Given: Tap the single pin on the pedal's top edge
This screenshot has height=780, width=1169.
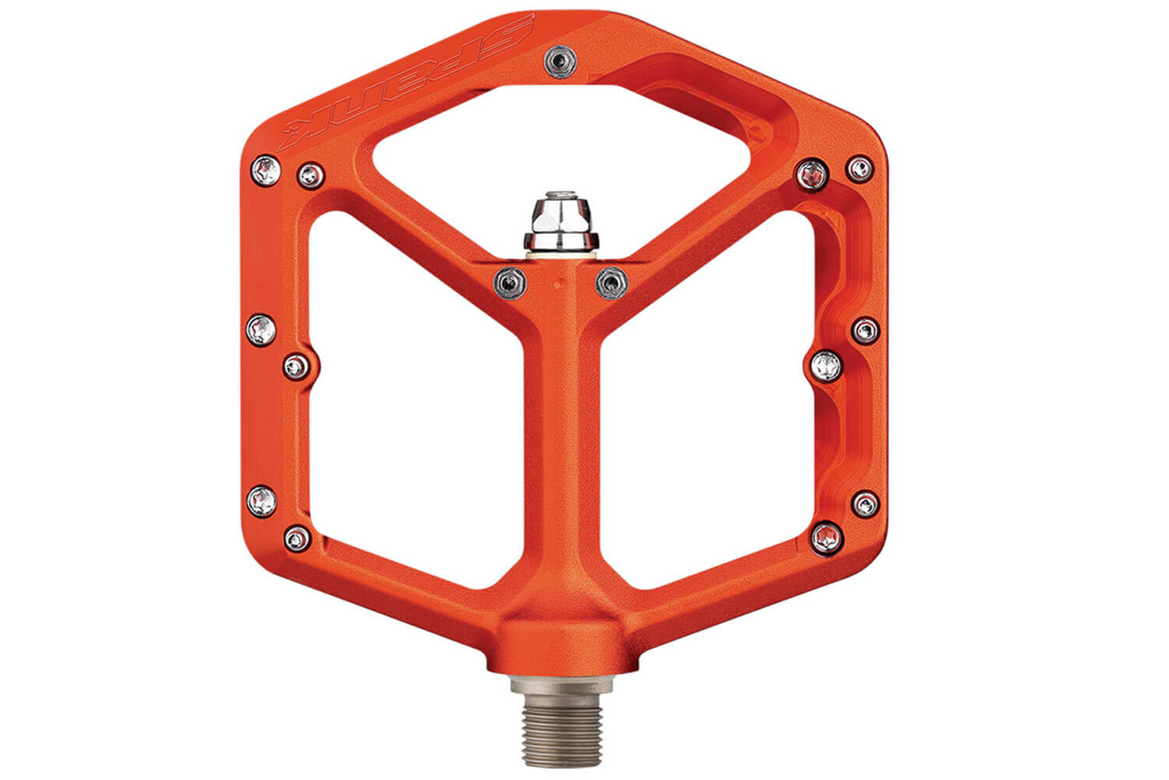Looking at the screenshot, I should (557, 58).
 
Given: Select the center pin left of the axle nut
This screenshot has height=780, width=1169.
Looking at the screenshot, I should (511, 280).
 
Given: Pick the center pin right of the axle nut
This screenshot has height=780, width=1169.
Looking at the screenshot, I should (611, 282).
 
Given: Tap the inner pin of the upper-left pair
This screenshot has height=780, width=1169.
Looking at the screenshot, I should (311, 175).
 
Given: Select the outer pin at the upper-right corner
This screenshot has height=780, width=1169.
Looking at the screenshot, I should (860, 168).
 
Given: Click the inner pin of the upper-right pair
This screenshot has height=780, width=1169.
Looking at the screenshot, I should (813, 173).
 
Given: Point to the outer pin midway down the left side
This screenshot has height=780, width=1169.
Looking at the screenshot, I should (262, 330).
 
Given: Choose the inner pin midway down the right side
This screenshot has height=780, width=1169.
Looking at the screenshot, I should (827, 365).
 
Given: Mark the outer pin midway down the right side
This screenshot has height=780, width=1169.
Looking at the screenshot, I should (866, 331).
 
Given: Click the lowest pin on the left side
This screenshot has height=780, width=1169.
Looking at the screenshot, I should (297, 537).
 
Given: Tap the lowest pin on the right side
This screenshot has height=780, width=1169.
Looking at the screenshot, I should (826, 537).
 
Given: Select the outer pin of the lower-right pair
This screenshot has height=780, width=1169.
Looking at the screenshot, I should (865, 503).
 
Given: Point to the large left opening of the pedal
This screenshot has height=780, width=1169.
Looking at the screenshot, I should (405, 406).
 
